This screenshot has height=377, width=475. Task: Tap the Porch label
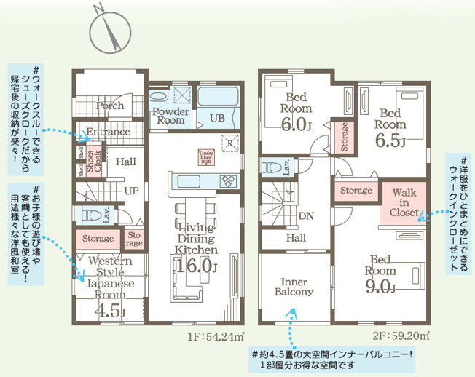coord(110,106)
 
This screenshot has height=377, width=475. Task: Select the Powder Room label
coord(170,116)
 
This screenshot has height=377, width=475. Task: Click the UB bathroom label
coord(217,118)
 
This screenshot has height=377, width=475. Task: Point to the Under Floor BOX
coord(204,156)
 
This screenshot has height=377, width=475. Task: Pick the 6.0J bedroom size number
coord(297,124)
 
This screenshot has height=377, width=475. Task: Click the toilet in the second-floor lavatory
coord(272,167)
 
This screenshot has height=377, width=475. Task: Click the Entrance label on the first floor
coord(109,132)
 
